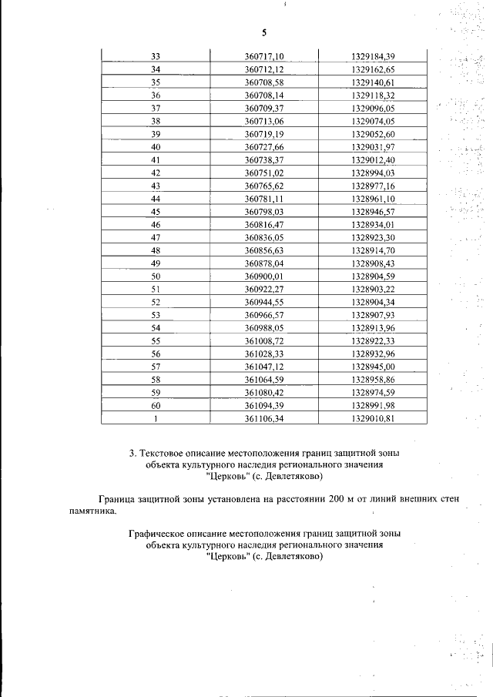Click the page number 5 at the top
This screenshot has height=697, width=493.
(263, 32)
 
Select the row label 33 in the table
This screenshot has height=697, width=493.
(156, 56)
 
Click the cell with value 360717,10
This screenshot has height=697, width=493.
(264, 56)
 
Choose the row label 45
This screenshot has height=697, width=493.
(156, 212)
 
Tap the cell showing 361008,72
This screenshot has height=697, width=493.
(264, 340)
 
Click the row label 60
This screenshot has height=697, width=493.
(156, 405)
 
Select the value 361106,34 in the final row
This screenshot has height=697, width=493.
(264, 418)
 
